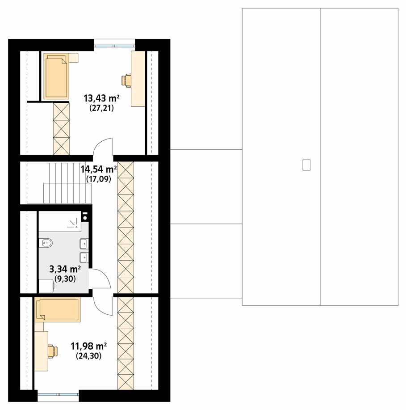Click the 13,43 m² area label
(x=101, y=98)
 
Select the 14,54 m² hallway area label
(x=99, y=169)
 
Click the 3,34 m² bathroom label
(x=65, y=269)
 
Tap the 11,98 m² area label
(x=88, y=346)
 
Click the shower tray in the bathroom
(x=60, y=221)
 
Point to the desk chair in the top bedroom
(x=127, y=80)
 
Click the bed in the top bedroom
(x=56, y=76)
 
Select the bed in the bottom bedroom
(x=58, y=309)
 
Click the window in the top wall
(x=114, y=46)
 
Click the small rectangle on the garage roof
(x=306, y=165)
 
